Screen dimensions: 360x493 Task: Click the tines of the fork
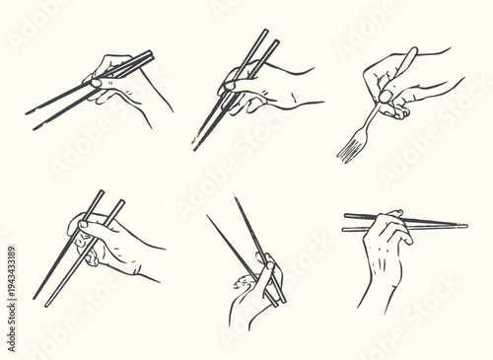[348, 151]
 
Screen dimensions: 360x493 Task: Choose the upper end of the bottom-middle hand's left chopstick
[208, 216]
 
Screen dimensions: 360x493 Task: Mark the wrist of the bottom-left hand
[148, 266]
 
